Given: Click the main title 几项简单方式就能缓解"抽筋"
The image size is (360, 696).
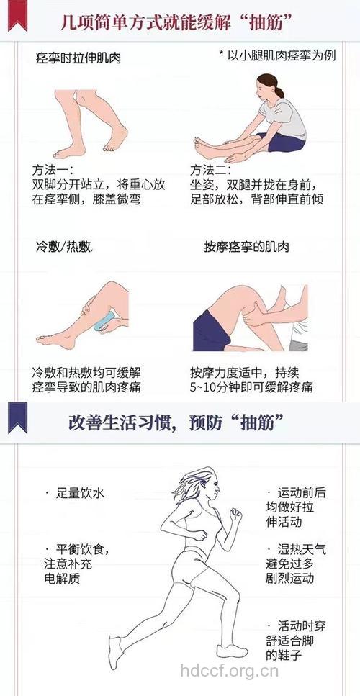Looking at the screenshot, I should [187, 22].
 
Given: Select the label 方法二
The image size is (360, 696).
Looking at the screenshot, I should [210, 171].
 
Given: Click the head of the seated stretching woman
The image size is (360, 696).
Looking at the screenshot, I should [264, 88].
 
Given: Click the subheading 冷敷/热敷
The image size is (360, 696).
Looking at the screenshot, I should [64, 247].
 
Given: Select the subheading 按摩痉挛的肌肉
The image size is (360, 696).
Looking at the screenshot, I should [246, 247].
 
